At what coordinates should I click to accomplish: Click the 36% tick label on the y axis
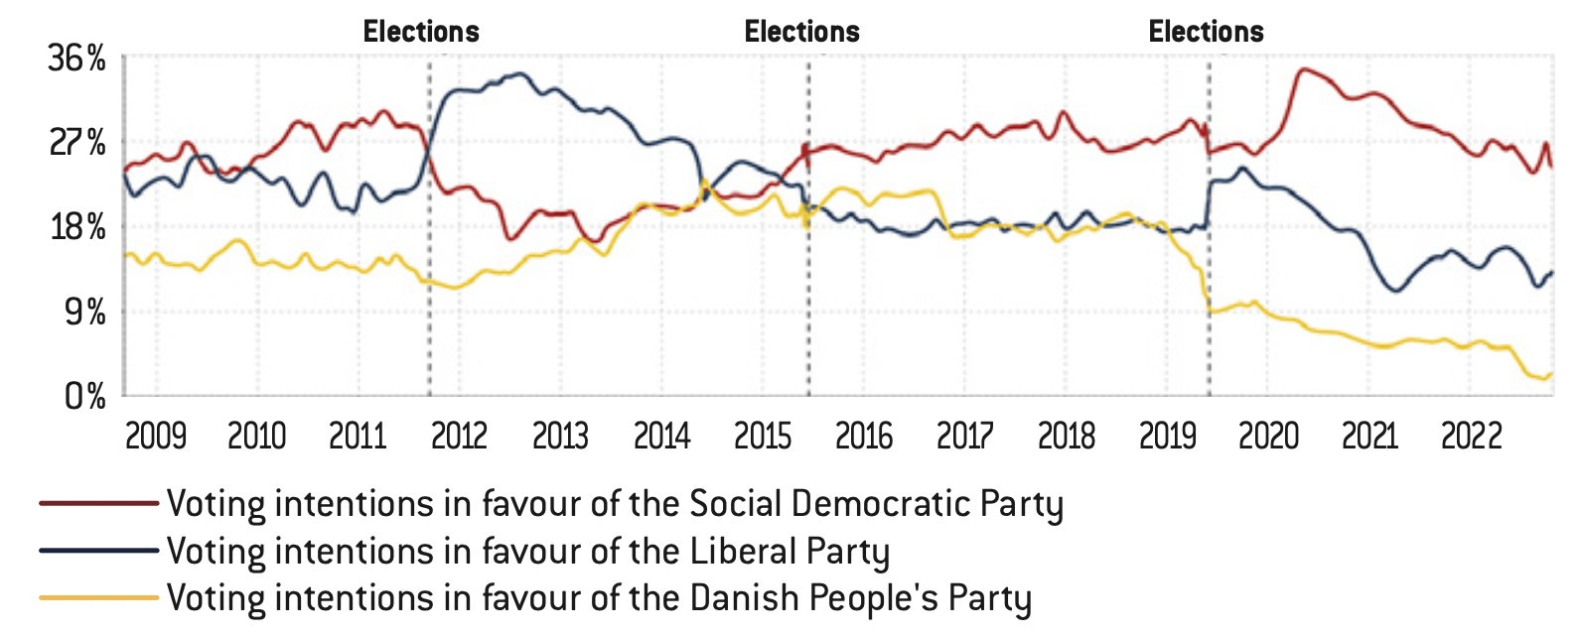tap(76, 59)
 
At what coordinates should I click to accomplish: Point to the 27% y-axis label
tap(76, 143)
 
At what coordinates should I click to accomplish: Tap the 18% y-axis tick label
tap(76, 227)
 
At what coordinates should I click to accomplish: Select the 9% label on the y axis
tap(83, 313)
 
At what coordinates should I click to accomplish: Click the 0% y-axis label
tap(84, 397)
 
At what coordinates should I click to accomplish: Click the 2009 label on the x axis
tap(156, 436)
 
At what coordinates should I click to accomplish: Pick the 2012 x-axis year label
tap(459, 436)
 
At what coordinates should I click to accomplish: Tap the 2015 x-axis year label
tap(763, 436)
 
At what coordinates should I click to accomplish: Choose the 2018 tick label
tap(1067, 436)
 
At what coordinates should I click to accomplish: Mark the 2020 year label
tap(1268, 436)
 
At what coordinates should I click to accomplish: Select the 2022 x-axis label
tap(1472, 436)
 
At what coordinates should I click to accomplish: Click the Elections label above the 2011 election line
tap(421, 32)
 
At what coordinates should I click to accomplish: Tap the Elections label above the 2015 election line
tap(802, 32)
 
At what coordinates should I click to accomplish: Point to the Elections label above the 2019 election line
tap(1207, 32)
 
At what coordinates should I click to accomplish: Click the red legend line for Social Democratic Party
tap(98, 504)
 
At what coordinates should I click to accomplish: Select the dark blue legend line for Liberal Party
tap(98, 551)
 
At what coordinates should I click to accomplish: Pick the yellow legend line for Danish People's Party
tap(98, 597)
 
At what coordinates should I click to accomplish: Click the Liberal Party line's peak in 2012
tap(517, 73)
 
